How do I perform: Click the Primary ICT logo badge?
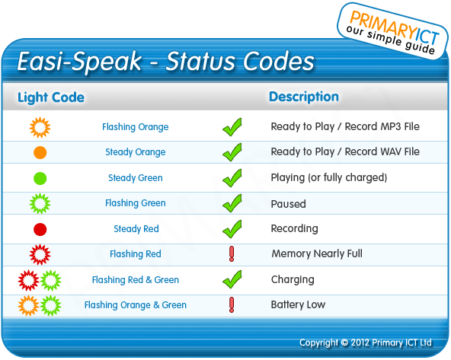392,31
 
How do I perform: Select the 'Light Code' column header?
51,97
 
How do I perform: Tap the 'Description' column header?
304,97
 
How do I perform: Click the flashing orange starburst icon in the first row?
40,127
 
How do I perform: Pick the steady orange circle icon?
40,152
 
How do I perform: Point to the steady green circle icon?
40,178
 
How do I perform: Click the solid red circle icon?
40,229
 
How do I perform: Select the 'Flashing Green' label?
136,203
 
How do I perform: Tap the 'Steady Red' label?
136,228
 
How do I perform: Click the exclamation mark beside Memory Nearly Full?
232,254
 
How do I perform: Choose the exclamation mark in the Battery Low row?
232,305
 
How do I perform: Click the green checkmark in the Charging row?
232,279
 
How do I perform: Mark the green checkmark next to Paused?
232,203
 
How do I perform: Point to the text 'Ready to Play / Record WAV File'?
345,151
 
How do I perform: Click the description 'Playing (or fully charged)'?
329,177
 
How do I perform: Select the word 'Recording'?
295,228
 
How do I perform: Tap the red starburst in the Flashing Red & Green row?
28,280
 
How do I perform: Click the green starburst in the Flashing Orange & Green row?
50,305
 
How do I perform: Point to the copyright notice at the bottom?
366,342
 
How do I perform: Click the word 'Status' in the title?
200,61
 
